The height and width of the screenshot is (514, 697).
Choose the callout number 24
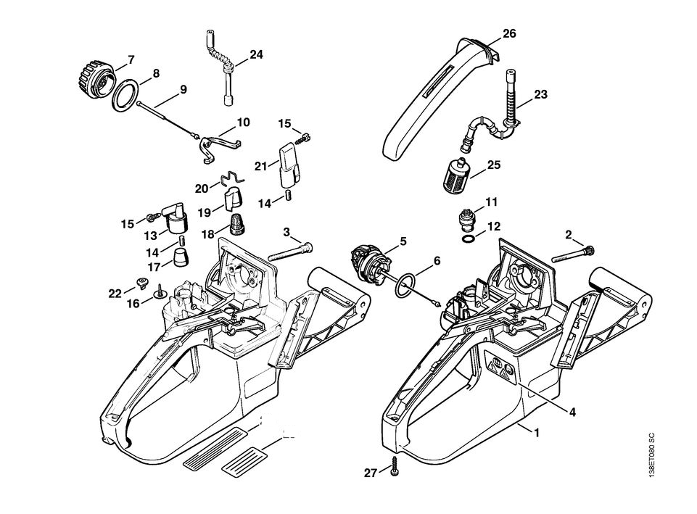[x=256, y=54]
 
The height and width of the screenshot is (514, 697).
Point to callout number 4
[x=572, y=413]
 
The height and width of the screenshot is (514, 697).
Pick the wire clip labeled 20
[x=230, y=178]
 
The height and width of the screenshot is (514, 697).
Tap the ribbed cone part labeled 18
[x=237, y=224]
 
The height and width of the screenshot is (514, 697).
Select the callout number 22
[x=115, y=293]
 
